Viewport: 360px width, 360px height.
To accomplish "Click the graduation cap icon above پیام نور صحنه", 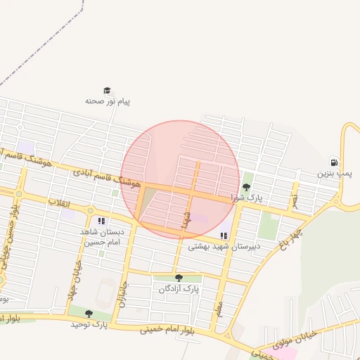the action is tap(107, 91).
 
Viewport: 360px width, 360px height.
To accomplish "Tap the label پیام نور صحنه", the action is tap(108, 101).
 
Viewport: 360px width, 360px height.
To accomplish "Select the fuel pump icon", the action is tap(333, 162).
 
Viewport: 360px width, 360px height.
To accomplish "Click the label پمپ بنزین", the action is tap(333, 172).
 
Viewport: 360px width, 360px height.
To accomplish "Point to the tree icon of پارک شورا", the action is tap(246, 187).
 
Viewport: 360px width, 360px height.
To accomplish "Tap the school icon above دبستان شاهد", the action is tap(103, 221).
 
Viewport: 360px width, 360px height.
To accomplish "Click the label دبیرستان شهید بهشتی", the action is tap(224, 247).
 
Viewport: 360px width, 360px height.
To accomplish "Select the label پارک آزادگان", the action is tap(179, 289).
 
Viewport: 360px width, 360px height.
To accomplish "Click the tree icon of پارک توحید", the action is tap(89, 314).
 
